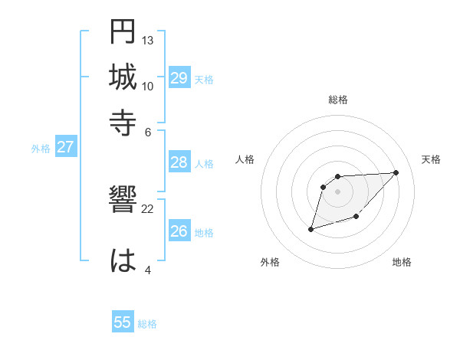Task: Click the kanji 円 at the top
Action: pos(123,31)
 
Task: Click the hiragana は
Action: pos(123,260)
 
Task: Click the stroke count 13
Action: pos(148,40)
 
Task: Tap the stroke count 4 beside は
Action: pos(148,269)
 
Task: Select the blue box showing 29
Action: pos(179,78)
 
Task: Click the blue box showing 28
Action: pos(179,162)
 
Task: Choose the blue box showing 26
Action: pos(179,231)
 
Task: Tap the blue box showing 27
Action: pos(65,147)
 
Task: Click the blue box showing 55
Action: pos(123,322)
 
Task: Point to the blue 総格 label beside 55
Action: pos(147,324)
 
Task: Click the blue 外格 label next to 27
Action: pos(41,149)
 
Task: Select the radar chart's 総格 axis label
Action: pos(338,100)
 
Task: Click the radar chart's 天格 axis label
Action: pos(432,159)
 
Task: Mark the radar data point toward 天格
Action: pos(396,172)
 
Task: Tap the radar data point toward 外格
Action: pos(310,229)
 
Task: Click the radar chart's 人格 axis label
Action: pos(245,159)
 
